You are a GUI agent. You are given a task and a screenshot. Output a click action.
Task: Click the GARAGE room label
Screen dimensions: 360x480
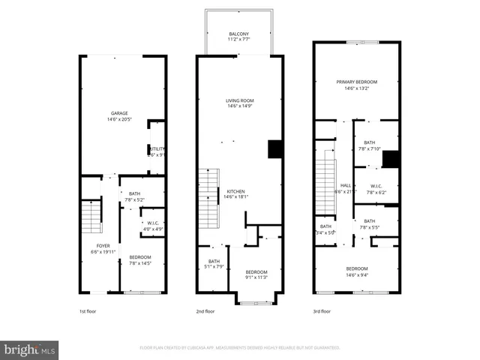click(x=118, y=113)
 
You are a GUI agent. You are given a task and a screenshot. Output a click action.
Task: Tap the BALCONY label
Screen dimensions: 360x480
click(x=239, y=34)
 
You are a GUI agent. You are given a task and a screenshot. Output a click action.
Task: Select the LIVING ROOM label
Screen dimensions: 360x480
click(x=240, y=100)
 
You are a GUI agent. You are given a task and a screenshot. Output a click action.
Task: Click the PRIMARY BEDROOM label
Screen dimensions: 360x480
click(x=356, y=82)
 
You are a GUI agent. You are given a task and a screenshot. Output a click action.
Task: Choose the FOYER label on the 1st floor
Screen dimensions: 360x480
click(x=103, y=246)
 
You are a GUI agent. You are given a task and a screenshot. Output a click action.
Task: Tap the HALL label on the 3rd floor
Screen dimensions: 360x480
click(x=346, y=185)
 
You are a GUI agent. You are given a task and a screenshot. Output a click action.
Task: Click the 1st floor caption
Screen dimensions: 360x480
click(x=88, y=311)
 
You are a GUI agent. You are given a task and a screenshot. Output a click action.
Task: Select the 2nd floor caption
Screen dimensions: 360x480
click(x=205, y=311)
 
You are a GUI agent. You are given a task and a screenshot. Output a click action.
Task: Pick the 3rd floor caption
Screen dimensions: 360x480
click(x=322, y=311)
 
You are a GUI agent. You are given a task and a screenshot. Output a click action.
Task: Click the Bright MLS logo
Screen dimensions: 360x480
click(x=30, y=349)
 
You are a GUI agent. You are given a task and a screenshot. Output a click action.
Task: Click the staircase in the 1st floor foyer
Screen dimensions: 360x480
click(x=91, y=217)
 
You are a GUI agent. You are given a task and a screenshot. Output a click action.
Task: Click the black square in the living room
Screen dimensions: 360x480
click(x=274, y=148)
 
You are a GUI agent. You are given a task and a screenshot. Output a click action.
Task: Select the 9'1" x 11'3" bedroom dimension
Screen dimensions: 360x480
click(x=256, y=277)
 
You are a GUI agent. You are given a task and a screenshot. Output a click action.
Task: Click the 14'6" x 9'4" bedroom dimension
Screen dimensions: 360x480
click(x=357, y=274)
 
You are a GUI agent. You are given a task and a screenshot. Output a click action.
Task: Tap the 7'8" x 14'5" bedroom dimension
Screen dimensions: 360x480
click(x=140, y=263)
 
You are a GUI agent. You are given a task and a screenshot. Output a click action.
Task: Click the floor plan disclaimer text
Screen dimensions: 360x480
click(x=239, y=348)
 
